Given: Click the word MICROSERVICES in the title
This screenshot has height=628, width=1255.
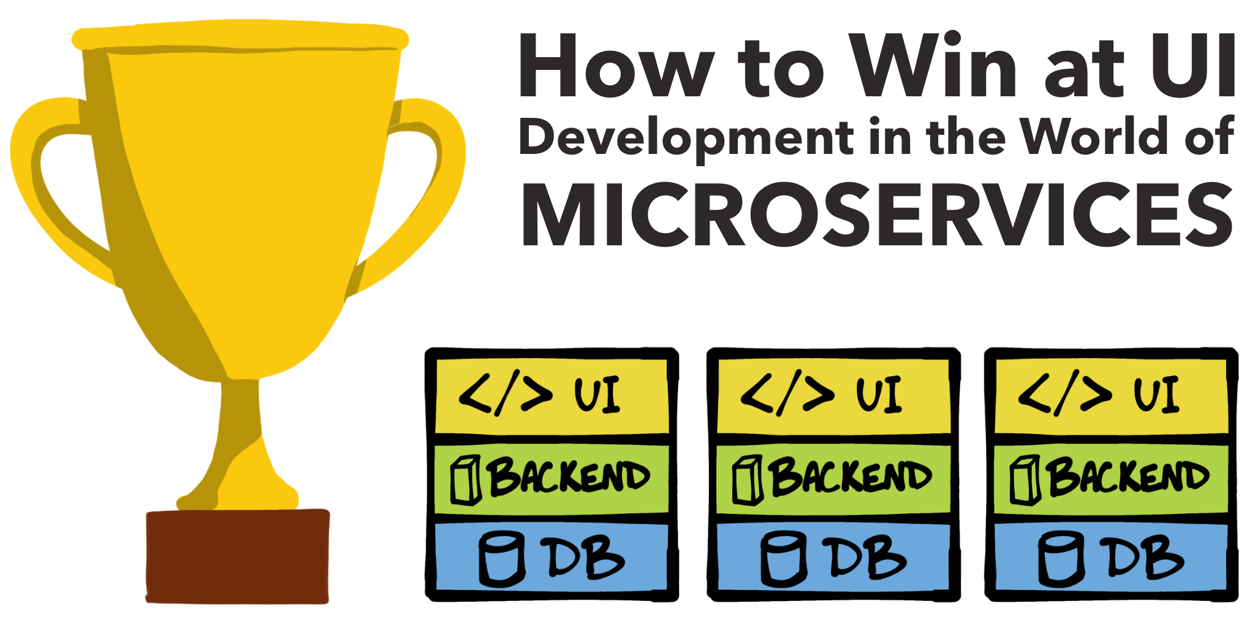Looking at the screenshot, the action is coord(878,215).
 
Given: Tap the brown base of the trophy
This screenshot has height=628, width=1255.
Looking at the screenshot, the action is coord(238,556).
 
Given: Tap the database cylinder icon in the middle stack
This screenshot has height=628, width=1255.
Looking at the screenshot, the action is coord(783,559).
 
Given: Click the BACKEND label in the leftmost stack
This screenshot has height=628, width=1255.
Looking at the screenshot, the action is coord(568,477).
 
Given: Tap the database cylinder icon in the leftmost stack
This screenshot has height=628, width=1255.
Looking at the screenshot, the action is coord(501,559).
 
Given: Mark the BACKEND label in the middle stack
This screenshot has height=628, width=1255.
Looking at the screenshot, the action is coord(850,477).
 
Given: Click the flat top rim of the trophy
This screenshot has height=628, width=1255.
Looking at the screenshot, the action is coord(240,39).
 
